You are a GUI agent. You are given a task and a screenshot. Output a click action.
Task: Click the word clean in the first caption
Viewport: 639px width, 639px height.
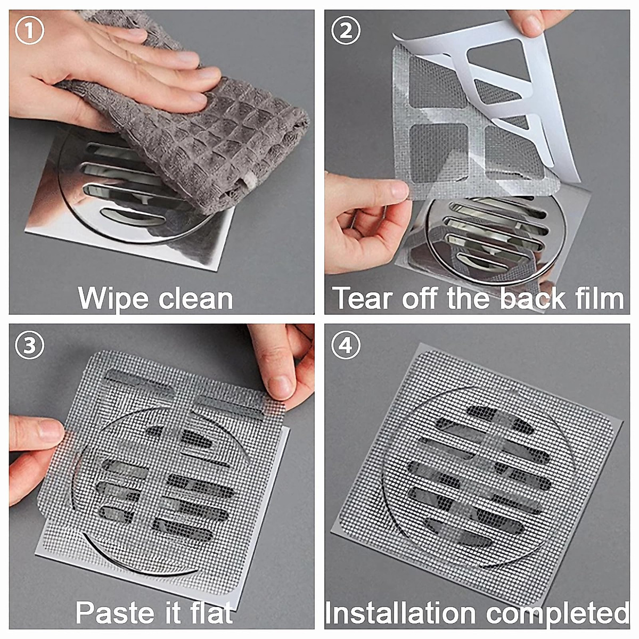point(195,298)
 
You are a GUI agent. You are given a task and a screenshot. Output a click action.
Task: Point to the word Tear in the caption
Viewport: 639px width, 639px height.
point(364,298)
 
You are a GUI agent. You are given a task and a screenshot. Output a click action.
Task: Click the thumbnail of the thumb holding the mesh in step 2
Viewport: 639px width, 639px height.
point(398,190)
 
